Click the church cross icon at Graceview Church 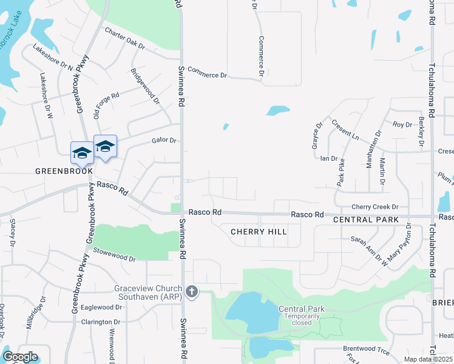click(192, 292)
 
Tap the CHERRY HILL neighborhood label click(258, 232)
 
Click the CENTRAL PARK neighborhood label click(366, 220)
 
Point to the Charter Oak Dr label click(124, 38)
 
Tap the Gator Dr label click(163, 141)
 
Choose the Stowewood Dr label click(115, 257)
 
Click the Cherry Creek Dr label click(379, 207)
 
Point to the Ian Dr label click(328, 158)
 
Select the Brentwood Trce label click(365, 349)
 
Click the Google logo click(19, 357)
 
